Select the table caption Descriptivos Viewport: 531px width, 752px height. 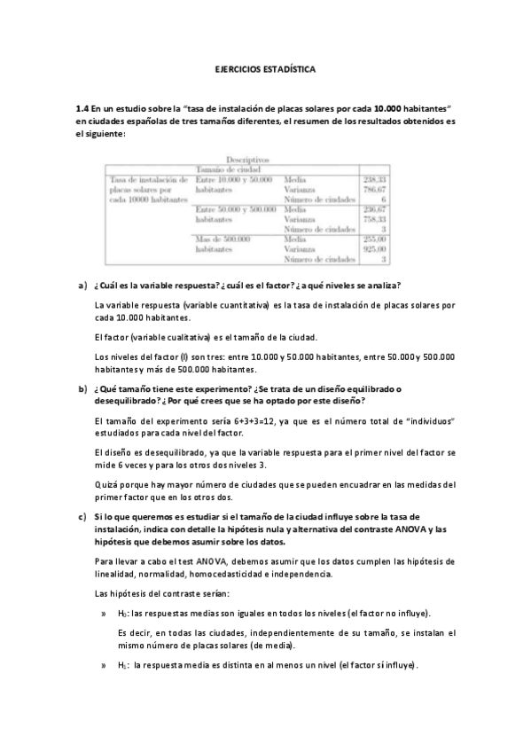tap(247, 159)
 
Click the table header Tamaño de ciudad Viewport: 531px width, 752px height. tap(227, 168)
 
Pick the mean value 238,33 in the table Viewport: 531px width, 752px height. tap(376, 180)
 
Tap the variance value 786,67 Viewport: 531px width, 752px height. tap(376, 190)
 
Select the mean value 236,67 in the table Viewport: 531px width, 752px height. tap(376, 209)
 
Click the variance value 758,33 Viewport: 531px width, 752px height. tap(376, 219)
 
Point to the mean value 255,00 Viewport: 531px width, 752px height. tap(376, 239)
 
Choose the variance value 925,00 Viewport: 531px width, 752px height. tap(376, 249)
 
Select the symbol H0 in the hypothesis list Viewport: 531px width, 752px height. tap(122, 614)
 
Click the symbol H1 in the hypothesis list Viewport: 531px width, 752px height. tap(122, 665)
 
